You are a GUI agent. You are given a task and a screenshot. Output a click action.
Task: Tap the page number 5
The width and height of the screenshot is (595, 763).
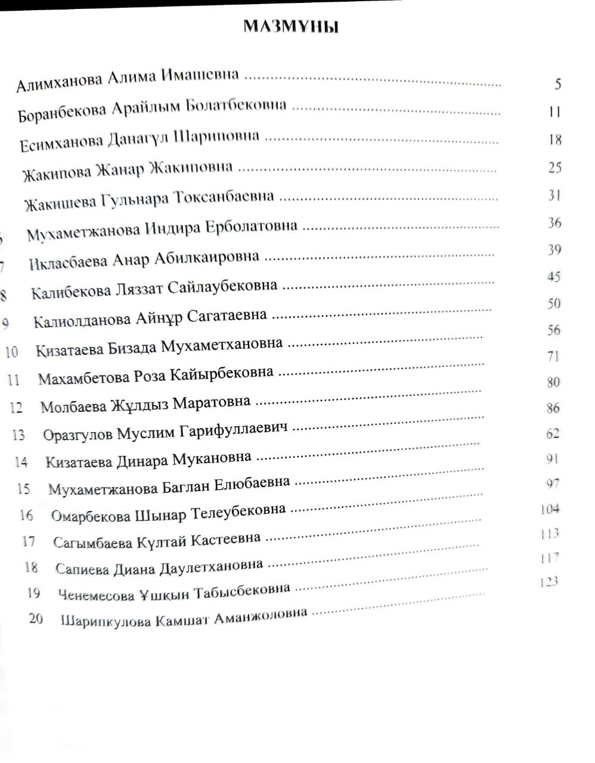click(x=557, y=83)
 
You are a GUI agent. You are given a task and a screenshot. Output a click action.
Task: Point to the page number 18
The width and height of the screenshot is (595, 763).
click(x=555, y=139)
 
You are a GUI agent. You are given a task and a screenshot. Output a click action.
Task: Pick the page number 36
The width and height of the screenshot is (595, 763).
click(x=554, y=223)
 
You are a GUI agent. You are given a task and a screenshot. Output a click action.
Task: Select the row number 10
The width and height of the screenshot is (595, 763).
click(x=11, y=352)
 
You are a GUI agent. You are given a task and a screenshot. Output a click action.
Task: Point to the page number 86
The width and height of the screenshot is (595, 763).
click(x=553, y=408)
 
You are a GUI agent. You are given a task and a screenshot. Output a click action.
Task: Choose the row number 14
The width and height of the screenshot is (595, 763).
click(x=21, y=462)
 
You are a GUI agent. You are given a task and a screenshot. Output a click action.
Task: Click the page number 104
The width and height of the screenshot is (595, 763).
click(x=549, y=508)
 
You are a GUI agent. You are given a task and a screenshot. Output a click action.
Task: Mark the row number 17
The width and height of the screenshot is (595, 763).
click(x=29, y=542)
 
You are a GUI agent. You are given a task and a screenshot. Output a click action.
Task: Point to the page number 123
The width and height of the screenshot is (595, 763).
click(x=548, y=582)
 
